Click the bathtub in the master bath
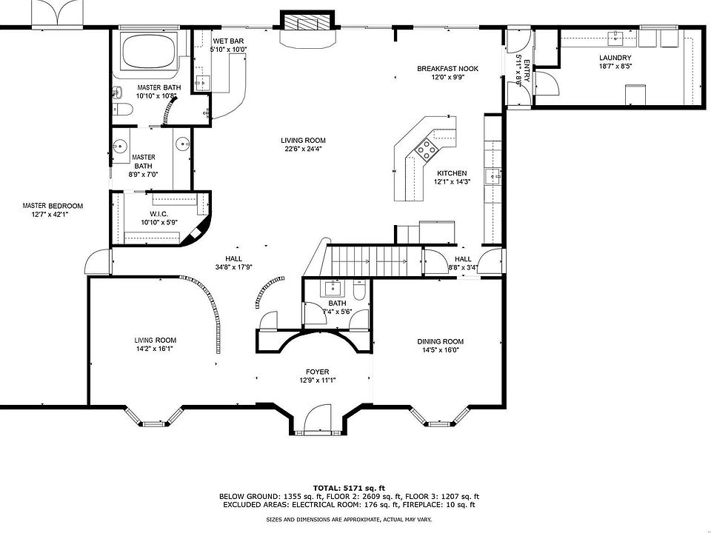(x=150, y=52)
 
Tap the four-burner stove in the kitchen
(x=427, y=150)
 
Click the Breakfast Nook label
(x=447, y=69)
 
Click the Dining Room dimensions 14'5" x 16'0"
(x=440, y=350)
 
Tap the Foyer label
(x=317, y=372)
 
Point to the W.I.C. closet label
(x=158, y=214)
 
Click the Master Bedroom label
(x=53, y=206)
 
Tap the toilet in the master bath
(x=122, y=110)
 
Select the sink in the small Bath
(x=333, y=288)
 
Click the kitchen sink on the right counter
(x=493, y=175)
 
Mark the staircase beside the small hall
(x=375, y=261)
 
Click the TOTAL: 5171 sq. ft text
(x=349, y=488)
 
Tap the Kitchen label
(x=452, y=173)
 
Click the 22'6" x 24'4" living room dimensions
(x=303, y=149)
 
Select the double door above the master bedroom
(x=57, y=13)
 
